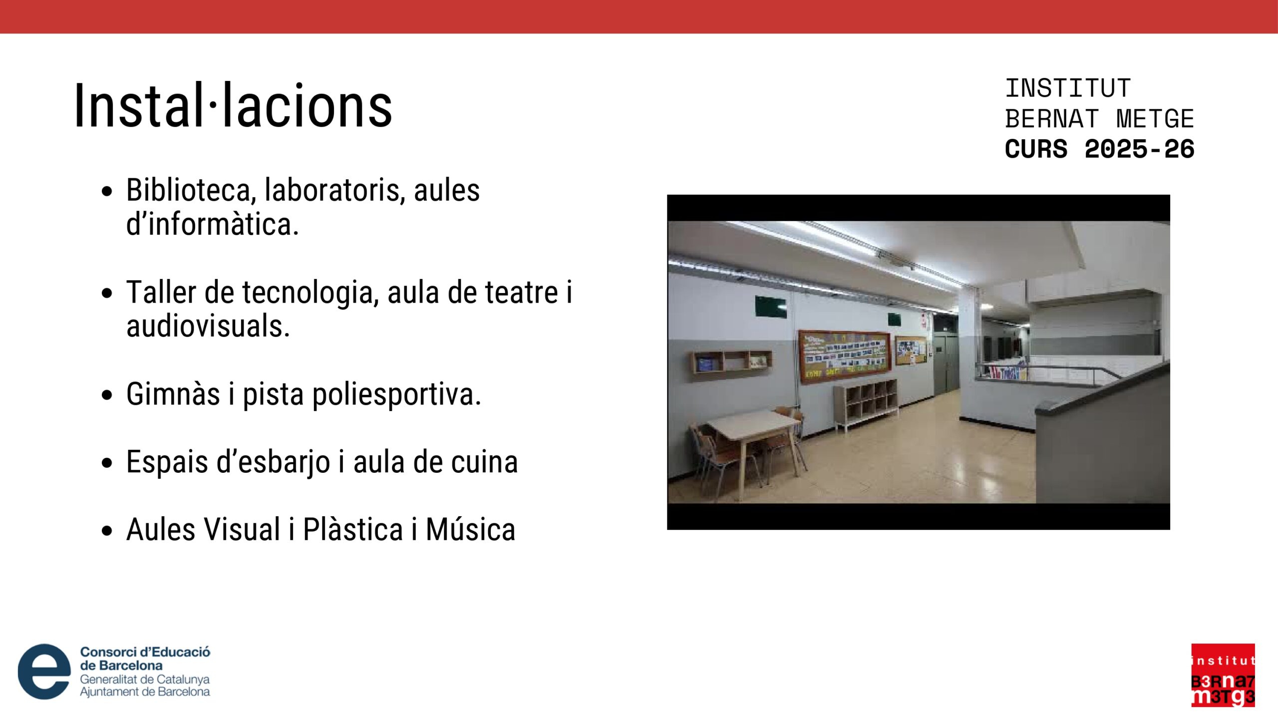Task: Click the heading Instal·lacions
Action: point(233,106)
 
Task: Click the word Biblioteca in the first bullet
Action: point(189,191)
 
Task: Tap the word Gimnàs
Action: point(173,394)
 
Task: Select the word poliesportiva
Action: point(362,395)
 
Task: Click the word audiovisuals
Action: point(208,326)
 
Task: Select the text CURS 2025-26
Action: point(1099,149)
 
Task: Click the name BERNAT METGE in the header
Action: point(1099,119)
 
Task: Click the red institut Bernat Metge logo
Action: point(1223,675)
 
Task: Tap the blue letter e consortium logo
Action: point(44,671)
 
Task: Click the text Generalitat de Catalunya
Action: point(145,680)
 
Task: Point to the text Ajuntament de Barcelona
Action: point(145,692)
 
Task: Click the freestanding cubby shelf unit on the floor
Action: point(865,403)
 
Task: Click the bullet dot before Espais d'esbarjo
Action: point(107,463)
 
